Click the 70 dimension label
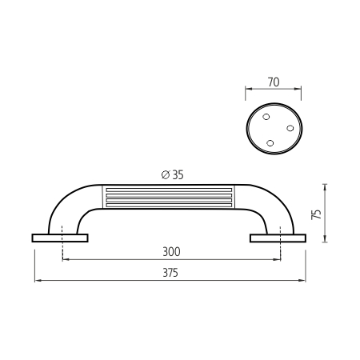pyautogui.click(x=274, y=82)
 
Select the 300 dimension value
pyautogui.click(x=171, y=252)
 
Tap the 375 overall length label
pyautogui.click(x=170, y=273)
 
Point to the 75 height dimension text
pyautogui.click(x=317, y=214)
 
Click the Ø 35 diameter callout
pyautogui.click(x=173, y=174)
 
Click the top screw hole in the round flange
pyautogui.click(x=266, y=117)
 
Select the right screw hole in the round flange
pyautogui.click(x=290, y=128)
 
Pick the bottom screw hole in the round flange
pyautogui.click(x=270, y=143)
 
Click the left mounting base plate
pyautogui.click(x=60, y=238)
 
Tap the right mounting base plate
pyautogui.click(x=278, y=238)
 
